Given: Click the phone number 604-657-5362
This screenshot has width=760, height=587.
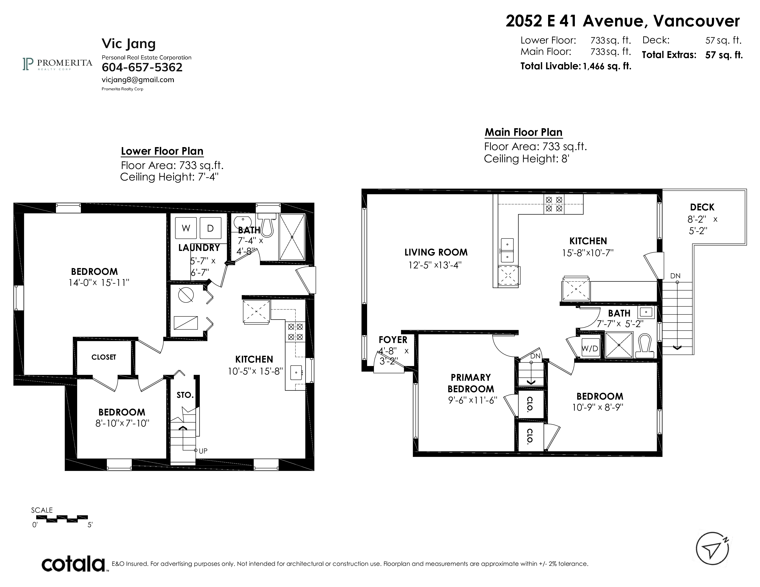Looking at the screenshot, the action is (142, 67).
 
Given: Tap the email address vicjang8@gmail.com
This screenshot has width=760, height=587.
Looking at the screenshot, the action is (138, 80).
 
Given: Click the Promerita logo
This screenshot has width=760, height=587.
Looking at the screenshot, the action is (57, 64).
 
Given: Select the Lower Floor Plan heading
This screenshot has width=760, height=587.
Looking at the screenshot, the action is (162, 151).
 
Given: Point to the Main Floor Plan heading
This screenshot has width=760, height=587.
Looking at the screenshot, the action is (523, 133).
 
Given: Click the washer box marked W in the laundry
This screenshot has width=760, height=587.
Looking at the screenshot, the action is (186, 228).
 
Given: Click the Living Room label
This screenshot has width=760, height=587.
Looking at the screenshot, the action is (436, 252).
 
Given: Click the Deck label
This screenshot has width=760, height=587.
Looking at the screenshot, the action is (702, 207).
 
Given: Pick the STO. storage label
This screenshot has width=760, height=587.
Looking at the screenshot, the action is (185, 395).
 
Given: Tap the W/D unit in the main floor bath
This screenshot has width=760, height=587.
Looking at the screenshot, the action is (590, 348).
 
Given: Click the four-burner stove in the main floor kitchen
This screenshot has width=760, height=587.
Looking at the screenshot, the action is (554, 204).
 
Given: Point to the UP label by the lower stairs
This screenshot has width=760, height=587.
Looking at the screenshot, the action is (203, 451).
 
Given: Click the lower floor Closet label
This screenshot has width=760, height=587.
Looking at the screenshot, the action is (104, 357).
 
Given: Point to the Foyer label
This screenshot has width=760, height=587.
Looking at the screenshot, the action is (393, 340).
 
